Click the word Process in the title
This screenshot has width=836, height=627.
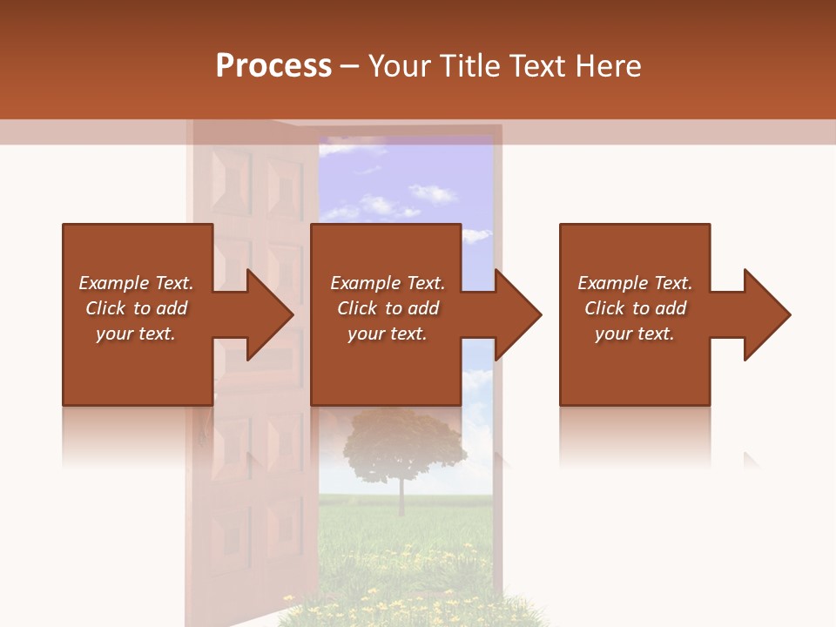click(273, 65)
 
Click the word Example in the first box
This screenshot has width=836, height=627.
click(114, 283)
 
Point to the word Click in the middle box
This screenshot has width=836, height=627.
click(357, 308)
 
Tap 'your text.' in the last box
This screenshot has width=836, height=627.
click(634, 334)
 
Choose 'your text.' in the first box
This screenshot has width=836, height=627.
click(135, 334)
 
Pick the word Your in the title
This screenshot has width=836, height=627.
click(399, 65)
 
